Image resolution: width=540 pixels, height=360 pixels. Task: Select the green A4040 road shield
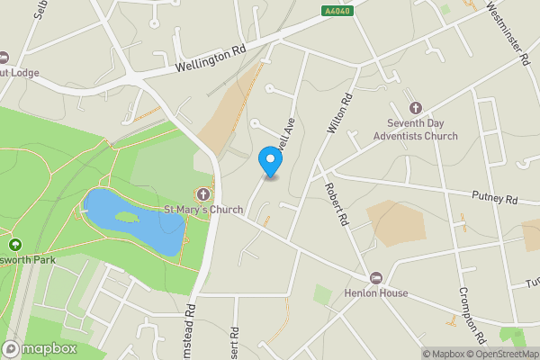(335, 11)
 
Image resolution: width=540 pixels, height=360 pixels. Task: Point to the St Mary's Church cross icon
(203, 194)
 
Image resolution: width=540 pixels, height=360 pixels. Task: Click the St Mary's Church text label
(202, 211)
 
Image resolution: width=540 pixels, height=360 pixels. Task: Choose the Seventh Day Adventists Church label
(422, 130)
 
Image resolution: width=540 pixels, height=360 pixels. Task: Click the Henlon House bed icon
(377, 277)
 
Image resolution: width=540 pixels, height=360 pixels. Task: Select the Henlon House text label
(375, 293)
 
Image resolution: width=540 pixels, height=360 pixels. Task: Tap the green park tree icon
(14, 244)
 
